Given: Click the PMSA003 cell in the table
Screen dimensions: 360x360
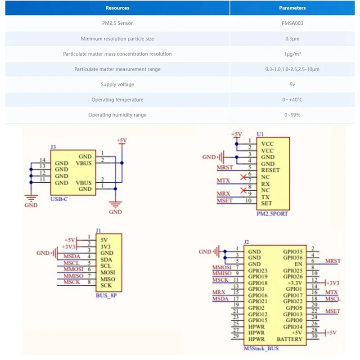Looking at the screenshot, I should (x=292, y=23).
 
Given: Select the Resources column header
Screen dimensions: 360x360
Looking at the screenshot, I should (x=117, y=8).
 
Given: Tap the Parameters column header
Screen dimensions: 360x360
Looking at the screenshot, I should (x=292, y=8).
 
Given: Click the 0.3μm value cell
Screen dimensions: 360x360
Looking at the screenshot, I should (x=292, y=39).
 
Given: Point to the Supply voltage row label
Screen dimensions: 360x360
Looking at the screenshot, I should (x=117, y=85).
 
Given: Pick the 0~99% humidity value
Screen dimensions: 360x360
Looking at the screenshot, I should (x=292, y=115).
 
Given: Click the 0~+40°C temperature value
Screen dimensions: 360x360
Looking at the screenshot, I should (x=292, y=100).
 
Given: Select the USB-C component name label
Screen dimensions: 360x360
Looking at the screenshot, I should (x=59, y=199).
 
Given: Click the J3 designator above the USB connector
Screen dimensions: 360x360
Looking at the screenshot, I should (x=53, y=147).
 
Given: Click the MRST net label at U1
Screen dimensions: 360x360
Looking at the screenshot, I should (x=225, y=167).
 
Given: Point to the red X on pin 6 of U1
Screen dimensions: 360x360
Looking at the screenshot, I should (x=243, y=176).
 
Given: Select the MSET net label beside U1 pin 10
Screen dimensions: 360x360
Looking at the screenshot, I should (x=225, y=200).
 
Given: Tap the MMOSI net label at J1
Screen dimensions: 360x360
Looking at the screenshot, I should (x=72, y=269).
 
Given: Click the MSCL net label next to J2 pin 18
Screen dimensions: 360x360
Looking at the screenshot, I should (x=333, y=298).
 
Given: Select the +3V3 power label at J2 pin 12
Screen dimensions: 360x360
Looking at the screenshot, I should (x=333, y=283).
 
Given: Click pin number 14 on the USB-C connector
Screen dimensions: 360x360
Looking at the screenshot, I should (x=42, y=160).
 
